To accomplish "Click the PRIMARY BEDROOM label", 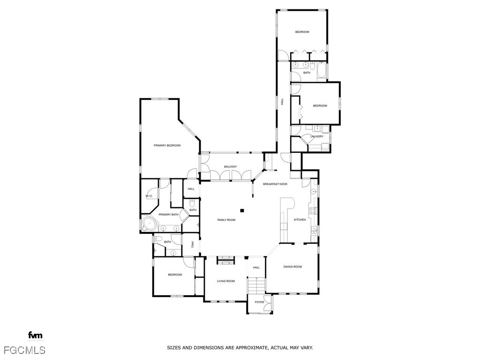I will (167, 145).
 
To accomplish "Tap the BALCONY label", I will (230, 167).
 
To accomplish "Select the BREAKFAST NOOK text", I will (275, 184).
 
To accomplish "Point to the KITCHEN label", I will (300, 219).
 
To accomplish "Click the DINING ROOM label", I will (292, 267).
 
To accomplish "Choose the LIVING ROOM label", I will (225, 281).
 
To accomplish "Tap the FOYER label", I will (259, 302).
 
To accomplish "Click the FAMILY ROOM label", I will (226, 220).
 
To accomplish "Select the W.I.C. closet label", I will (149, 196).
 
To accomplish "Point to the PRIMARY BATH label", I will (168, 215).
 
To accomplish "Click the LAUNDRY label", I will (317, 136).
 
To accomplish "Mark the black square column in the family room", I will (242, 210).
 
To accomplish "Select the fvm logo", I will (35, 335).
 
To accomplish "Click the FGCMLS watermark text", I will (24, 350).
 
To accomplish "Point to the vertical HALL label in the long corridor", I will (282, 101).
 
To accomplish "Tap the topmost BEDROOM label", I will (302, 32).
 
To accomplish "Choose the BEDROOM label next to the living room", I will (175, 275).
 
